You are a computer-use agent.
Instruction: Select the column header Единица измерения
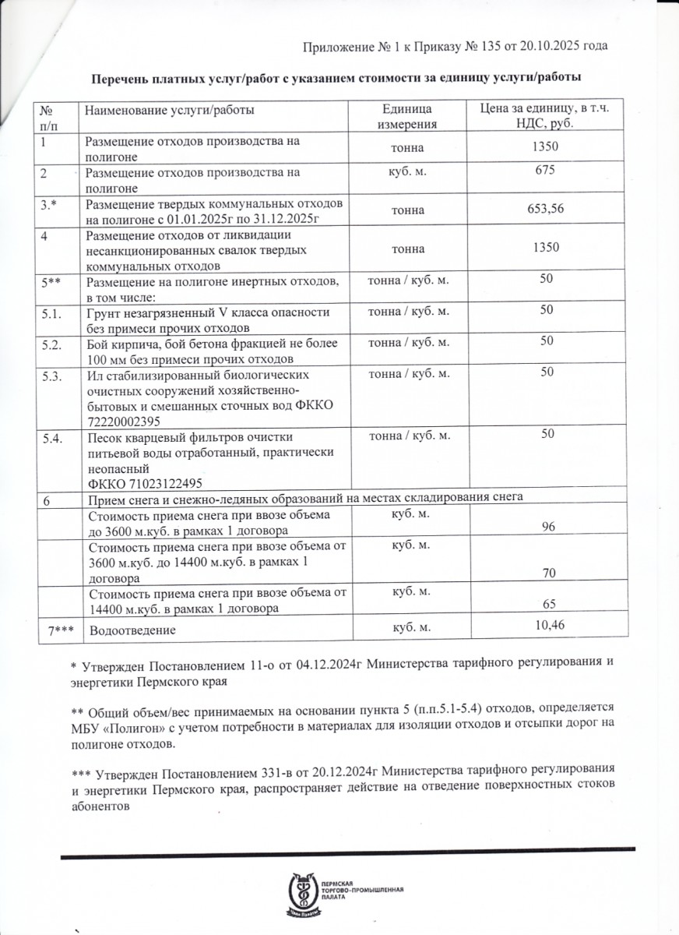406,117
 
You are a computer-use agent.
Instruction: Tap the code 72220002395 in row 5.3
125,421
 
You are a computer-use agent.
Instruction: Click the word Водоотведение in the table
132,630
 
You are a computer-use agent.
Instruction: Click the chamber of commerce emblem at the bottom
301,894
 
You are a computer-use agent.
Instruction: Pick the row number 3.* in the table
52,204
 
